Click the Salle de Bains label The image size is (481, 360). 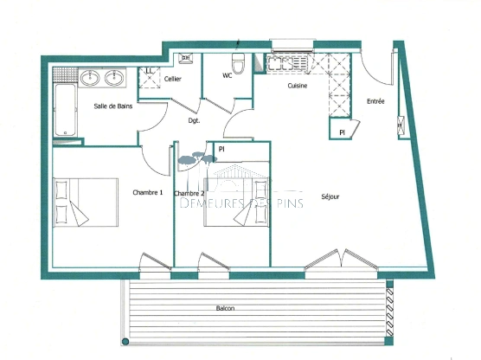coord(113,106)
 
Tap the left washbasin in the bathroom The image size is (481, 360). coord(90,79)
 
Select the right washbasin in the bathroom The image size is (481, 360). coord(113,79)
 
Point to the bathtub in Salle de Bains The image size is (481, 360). coord(66,110)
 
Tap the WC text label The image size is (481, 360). coord(227,75)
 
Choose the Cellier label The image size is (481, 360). coord(171,80)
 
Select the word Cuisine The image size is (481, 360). coord(300,86)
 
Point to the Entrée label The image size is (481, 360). coord(375,101)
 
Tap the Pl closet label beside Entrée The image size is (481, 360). coord(342,132)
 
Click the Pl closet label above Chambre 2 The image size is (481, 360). coord(221,149)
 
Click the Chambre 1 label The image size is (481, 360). coord(147,192)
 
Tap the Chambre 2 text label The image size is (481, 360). coord(189,193)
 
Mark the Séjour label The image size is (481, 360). coord(330,196)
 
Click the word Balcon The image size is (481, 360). coord(226,309)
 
